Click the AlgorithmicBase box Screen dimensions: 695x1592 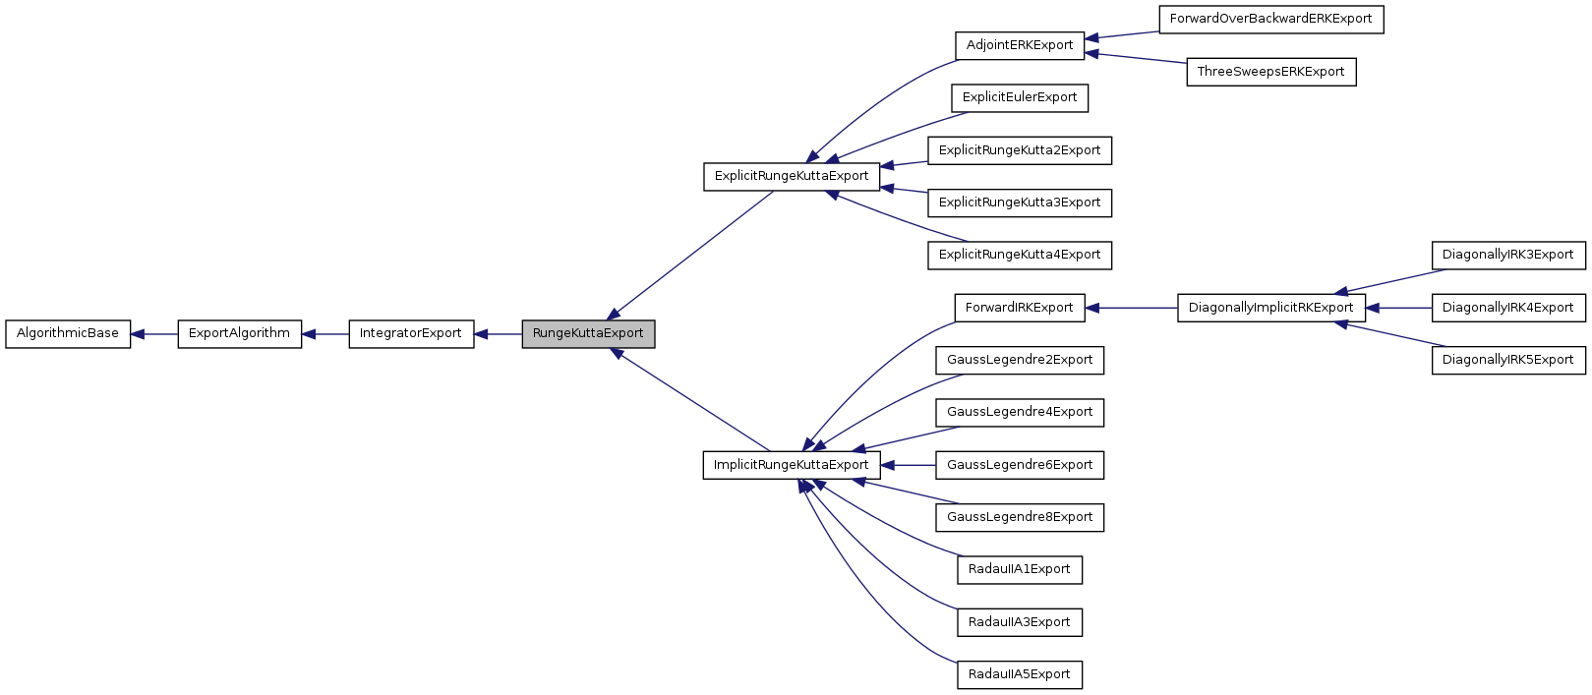tap(68, 333)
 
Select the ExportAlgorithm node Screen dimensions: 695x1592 tap(239, 333)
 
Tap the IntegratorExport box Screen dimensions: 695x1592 tap(410, 333)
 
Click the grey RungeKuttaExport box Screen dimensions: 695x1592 tap(588, 333)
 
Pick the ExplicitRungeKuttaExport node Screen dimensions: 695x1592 tap(792, 176)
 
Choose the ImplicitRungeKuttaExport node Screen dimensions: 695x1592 tap(792, 465)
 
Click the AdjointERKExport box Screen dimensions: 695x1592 tap(1020, 45)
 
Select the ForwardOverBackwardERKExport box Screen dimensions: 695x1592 tap(1270, 19)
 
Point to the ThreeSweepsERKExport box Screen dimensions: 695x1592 tap(1270, 72)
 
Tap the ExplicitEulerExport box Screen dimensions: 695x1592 tap(1020, 97)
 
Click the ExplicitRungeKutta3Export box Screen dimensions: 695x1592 tap(1020, 203)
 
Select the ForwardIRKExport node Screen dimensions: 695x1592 tap(1019, 308)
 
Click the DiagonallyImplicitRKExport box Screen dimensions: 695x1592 tap(1270, 308)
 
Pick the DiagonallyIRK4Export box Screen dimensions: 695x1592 tap(1507, 308)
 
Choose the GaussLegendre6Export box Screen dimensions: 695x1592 tap(1020, 465)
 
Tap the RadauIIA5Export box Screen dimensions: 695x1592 tap(1019, 674)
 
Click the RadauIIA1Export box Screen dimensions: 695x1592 tap(1019, 569)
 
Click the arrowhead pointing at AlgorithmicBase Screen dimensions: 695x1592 tap(139, 334)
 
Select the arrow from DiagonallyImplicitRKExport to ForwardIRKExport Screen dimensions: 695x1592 tap(1131, 308)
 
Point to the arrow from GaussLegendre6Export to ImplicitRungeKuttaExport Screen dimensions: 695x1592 tap(908, 465)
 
